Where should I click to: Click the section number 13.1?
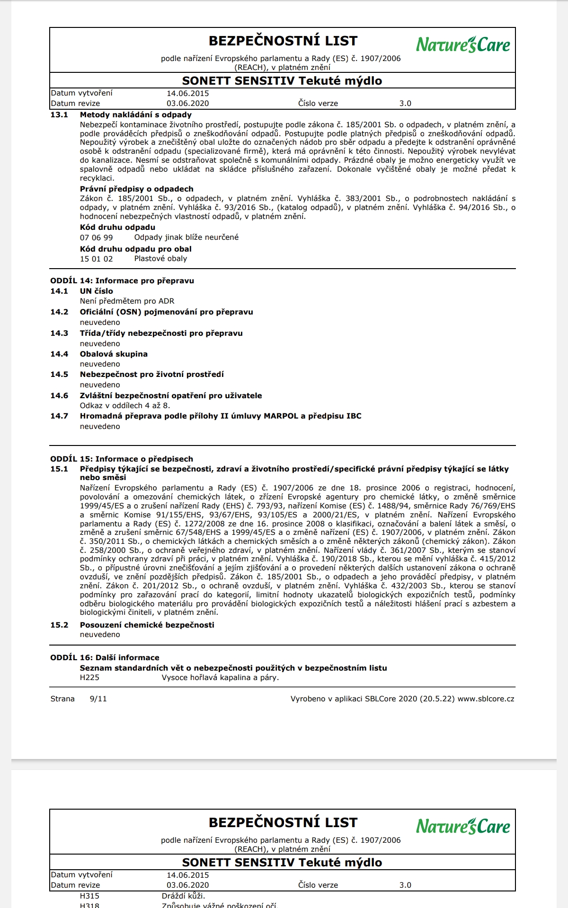point(59,115)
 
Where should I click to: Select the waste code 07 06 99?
point(97,237)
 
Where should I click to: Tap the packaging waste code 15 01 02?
point(97,259)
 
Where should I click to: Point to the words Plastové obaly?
point(160,259)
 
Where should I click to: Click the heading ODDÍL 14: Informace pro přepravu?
point(122,281)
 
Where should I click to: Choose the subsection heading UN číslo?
point(97,291)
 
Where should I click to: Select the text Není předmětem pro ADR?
point(127,301)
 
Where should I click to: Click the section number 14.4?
point(59,354)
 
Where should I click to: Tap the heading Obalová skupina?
point(114,354)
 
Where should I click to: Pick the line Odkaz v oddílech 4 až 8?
point(125,406)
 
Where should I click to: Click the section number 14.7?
point(59,416)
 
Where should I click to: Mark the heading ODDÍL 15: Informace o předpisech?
point(122,459)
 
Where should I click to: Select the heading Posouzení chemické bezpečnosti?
point(147,625)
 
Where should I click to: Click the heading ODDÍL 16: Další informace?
point(105,658)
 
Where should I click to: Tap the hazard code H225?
point(89,678)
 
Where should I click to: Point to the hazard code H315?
point(89,896)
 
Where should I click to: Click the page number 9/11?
point(98,699)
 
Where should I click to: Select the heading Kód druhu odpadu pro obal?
point(135,249)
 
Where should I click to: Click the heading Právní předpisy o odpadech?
point(136,189)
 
